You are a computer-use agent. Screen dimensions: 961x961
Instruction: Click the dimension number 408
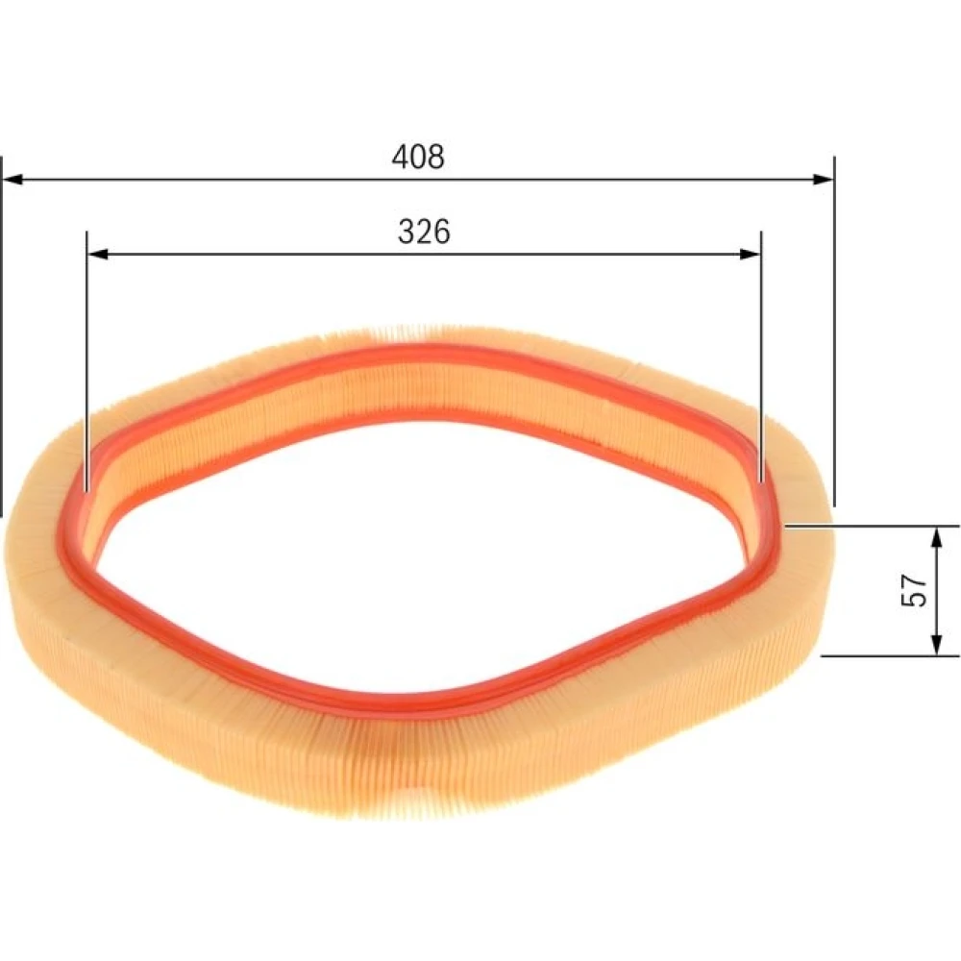pyautogui.click(x=418, y=157)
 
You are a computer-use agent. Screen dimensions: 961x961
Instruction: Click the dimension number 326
pyautogui.click(x=424, y=232)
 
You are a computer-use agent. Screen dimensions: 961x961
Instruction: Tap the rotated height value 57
pyautogui.click(x=914, y=590)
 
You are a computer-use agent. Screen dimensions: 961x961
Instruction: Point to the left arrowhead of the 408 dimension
pyautogui.click(x=12, y=179)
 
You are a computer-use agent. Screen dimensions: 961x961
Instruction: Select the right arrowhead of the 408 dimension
pyautogui.click(x=824, y=179)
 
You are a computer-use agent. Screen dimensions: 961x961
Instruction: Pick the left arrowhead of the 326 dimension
pyautogui.click(x=98, y=254)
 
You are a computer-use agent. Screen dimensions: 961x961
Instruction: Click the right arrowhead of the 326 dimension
pyautogui.click(x=751, y=254)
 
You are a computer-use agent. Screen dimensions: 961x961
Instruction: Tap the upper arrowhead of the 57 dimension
pyautogui.click(x=936, y=537)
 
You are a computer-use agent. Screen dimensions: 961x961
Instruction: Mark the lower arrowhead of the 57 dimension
pyautogui.click(x=936, y=644)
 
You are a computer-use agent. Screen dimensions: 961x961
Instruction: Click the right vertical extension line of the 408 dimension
pyautogui.click(x=834, y=331)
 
